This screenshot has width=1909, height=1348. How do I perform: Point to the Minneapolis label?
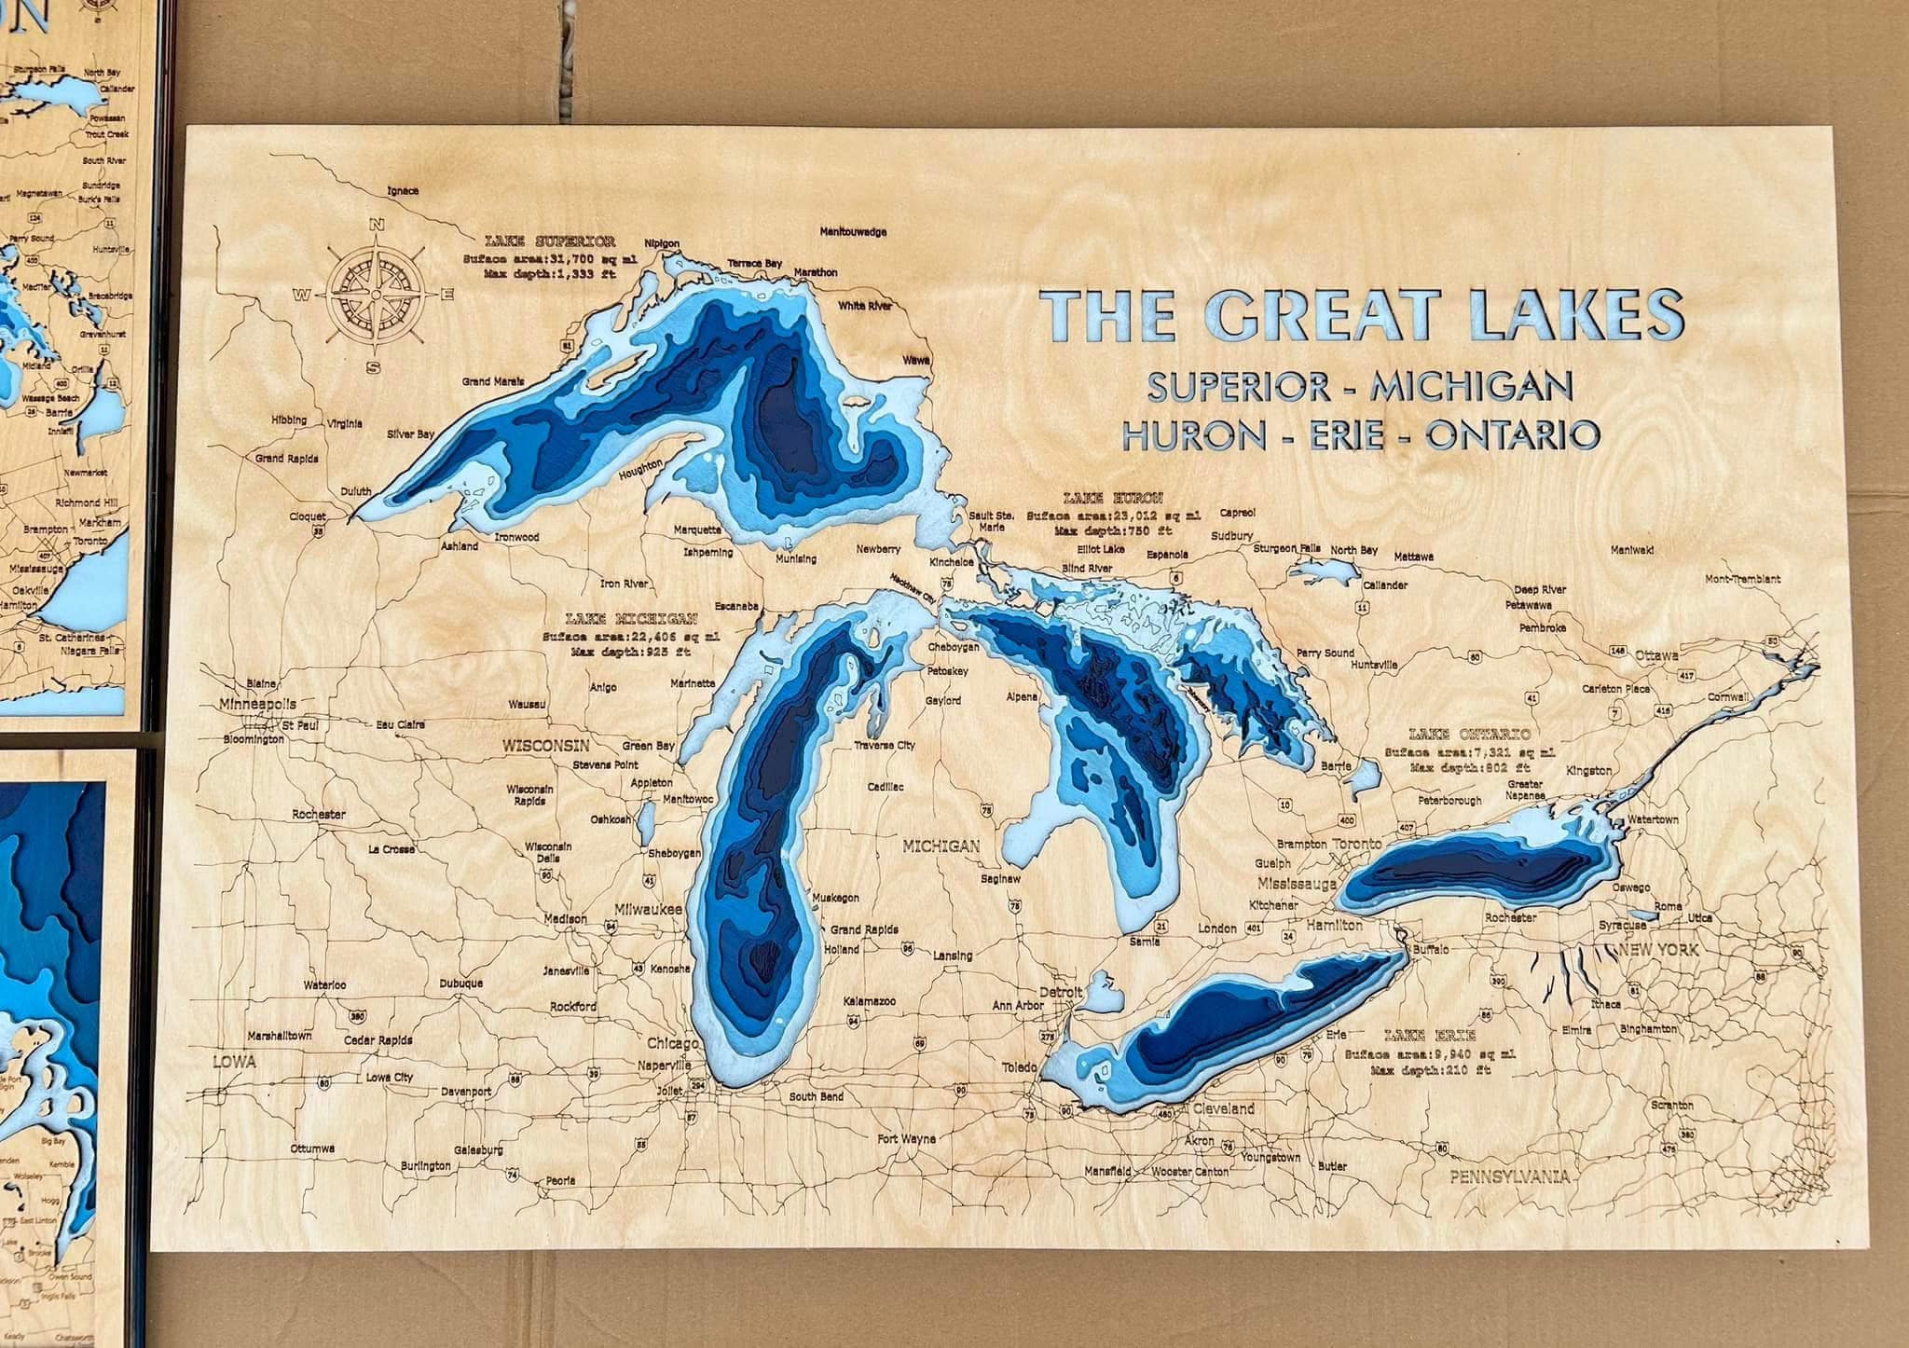pos(258,704)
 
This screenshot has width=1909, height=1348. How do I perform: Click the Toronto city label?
pos(1357,844)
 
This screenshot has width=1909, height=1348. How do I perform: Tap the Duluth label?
pos(355,491)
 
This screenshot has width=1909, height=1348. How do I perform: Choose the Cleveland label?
pos(1222,1108)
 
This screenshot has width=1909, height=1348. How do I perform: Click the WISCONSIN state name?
pos(546,746)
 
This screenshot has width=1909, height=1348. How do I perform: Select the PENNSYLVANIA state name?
pos(1508,1177)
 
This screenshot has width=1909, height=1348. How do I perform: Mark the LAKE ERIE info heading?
pos(1416,1035)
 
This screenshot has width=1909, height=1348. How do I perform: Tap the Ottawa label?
pos(1656,654)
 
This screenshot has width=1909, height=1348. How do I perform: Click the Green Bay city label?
pos(649,746)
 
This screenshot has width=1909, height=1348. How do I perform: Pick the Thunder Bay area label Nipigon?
pos(662,243)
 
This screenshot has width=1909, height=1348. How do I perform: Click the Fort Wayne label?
pos(906,1139)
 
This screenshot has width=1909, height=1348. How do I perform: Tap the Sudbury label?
pos(1231,536)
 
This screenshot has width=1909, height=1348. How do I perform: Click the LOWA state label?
pos(234,1062)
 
